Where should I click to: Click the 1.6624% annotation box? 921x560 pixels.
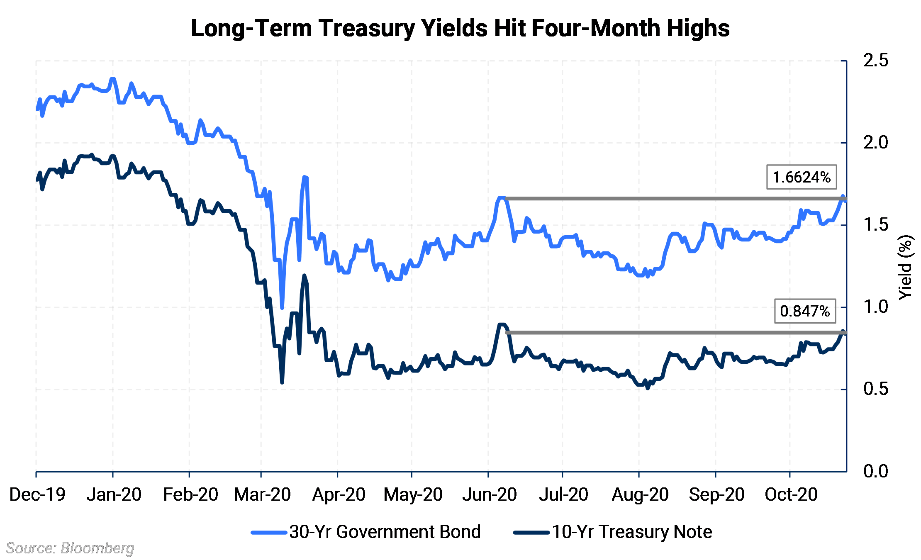[801, 177]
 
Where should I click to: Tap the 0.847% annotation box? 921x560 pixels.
[804, 311]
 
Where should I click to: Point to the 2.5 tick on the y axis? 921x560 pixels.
[875, 61]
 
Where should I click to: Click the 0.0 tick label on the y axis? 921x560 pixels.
[875, 471]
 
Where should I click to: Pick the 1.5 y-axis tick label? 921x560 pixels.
[875, 225]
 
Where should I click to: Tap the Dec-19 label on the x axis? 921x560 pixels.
[37, 494]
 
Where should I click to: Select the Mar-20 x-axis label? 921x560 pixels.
[262, 494]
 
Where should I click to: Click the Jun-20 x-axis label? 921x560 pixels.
[490, 494]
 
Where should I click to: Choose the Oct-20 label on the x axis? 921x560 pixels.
[791, 494]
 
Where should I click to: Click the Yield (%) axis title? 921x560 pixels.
[905, 268]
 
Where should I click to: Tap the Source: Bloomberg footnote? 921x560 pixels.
[70, 548]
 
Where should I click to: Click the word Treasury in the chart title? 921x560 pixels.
[367, 28]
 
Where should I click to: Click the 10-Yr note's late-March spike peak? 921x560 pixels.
[305, 275]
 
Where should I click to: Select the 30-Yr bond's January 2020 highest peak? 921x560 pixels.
[112, 79]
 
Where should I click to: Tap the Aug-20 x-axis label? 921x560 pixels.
[640, 494]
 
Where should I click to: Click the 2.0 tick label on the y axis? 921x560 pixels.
[875, 143]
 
